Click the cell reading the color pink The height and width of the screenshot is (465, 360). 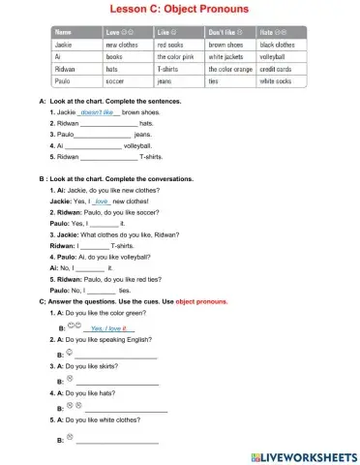tap(176, 57)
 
